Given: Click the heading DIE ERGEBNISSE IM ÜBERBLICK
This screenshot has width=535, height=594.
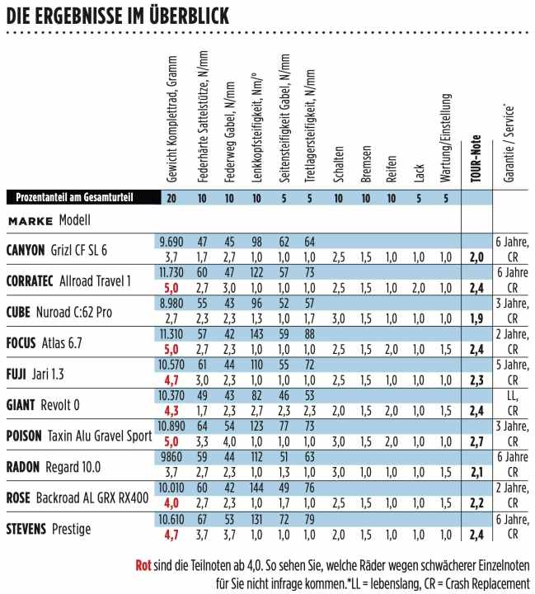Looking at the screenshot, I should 116,15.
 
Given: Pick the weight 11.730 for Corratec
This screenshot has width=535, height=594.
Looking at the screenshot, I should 171,271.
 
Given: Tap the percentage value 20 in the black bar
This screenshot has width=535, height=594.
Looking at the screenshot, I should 171,197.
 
